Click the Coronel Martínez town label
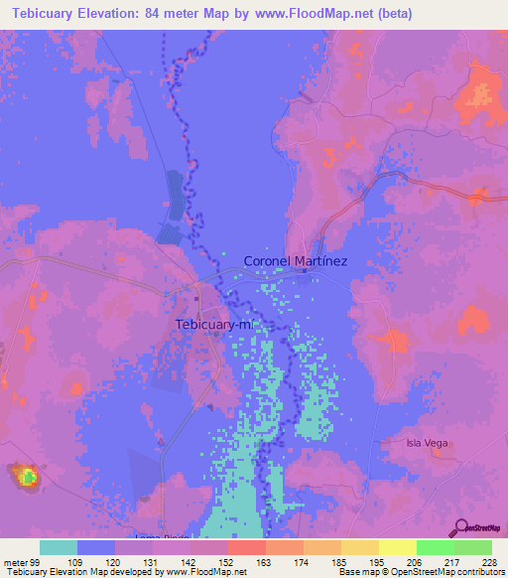click(x=295, y=261)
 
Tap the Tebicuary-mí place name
click(x=214, y=325)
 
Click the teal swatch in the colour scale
click(x=59, y=547)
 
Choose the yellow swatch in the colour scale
click(x=397, y=547)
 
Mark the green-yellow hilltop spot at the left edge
click(x=27, y=477)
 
